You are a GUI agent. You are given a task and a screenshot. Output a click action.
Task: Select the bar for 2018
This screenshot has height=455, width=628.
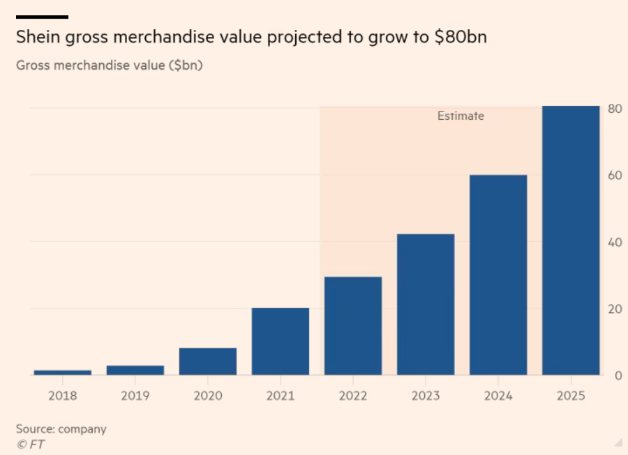pos(63,372)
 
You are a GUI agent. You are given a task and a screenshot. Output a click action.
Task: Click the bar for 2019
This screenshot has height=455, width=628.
pos(135,370)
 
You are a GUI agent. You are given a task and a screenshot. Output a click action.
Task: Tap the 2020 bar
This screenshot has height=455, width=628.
pos(208,361)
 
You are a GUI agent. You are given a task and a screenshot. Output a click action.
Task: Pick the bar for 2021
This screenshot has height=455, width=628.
pos(281,341)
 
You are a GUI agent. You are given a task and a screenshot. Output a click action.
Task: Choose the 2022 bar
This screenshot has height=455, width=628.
pos(353,326)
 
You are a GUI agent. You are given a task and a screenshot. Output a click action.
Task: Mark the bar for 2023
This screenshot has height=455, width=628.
pos(426,304)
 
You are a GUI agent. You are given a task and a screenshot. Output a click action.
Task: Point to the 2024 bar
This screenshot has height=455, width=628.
pos(498,275)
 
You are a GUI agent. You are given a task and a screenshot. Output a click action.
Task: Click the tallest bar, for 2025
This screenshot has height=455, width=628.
pos(571,240)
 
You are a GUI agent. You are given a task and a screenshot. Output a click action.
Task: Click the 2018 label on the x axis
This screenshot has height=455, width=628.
pos(63,396)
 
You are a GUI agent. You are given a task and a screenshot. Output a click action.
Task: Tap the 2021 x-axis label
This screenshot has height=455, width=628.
pos(281,396)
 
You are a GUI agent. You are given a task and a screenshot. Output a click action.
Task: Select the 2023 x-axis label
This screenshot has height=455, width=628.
pos(426,396)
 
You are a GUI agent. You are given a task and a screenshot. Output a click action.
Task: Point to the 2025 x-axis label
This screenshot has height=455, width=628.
pos(571,396)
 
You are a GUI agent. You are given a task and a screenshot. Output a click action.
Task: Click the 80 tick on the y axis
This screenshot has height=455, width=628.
pos(615,109)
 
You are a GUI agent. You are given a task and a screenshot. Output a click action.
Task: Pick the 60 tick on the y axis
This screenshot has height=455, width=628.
pos(615,176)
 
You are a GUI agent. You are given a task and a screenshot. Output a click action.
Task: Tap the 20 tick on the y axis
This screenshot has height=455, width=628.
pos(615,309)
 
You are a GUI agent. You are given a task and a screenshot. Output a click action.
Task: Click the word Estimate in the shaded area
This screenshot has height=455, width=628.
pos(461,116)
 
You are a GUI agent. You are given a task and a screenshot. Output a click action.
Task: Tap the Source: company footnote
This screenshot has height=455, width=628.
pos(61,429)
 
